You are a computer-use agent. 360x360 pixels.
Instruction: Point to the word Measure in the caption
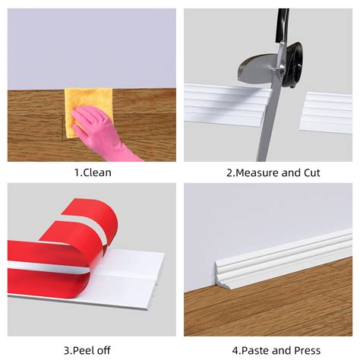coord(257,173)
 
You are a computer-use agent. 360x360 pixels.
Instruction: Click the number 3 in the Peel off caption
coord(68,350)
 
